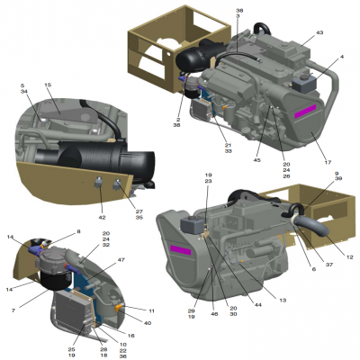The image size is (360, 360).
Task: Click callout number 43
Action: click(x=319, y=33)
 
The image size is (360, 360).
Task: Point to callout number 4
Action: click(x=342, y=58)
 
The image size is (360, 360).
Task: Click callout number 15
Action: click(x=48, y=85)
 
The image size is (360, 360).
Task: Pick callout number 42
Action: click(x=101, y=218)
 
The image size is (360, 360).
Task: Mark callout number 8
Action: click(x=78, y=232)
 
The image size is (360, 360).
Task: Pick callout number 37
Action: click(x=304, y=265)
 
